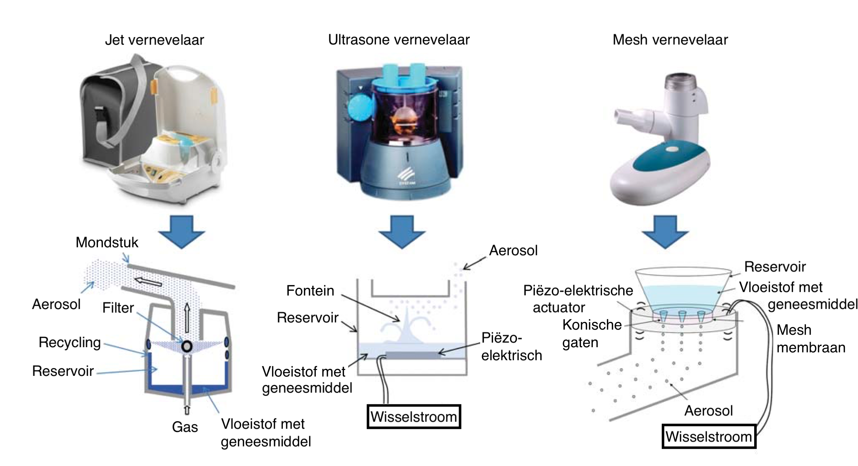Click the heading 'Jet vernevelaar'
[154, 40]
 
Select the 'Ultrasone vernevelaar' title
[398, 40]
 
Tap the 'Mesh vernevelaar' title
[670, 40]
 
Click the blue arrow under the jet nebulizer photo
[182, 232]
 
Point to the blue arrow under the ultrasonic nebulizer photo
[402, 232]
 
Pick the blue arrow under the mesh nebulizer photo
[665, 232]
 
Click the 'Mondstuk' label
[107, 242]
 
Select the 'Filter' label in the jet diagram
[118, 308]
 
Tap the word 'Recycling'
[70, 342]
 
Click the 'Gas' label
[185, 427]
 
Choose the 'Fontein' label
[310, 291]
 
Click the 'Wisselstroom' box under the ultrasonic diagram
[414, 417]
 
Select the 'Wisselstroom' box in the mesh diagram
[709, 437]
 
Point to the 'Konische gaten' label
[591, 333]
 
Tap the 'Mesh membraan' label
[810, 339]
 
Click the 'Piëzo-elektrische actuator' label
[577, 299]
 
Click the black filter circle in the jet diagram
[187, 346]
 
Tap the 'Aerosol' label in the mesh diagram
[708, 411]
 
